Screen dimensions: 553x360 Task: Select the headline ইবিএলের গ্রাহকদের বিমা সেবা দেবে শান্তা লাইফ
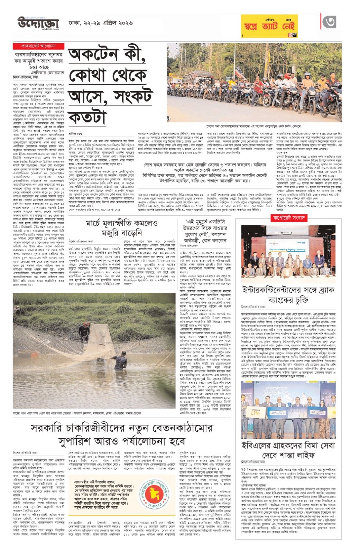point(288,449)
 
